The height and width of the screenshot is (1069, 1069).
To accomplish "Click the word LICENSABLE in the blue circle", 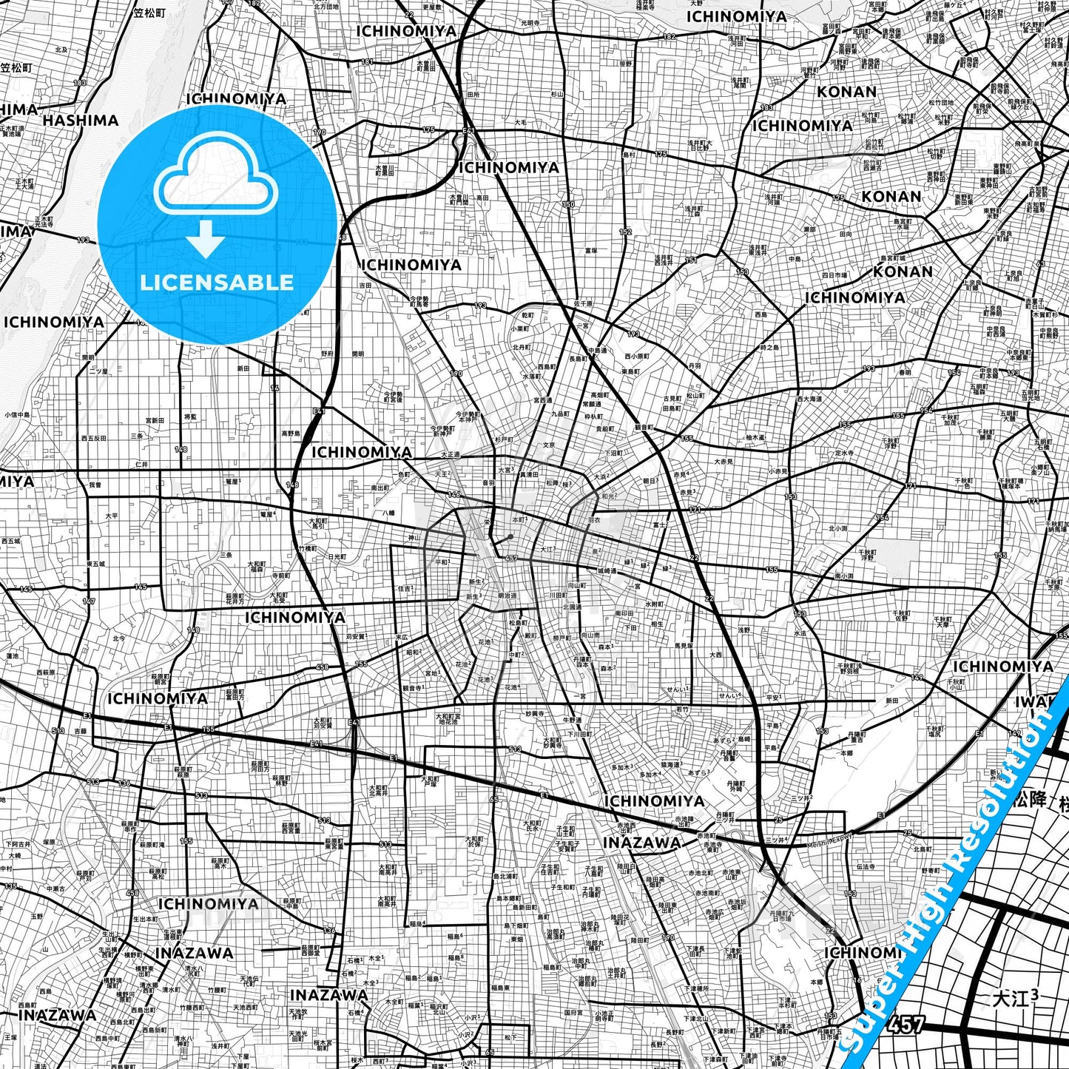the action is [216, 282].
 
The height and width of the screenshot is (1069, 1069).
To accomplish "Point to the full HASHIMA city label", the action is [80, 121].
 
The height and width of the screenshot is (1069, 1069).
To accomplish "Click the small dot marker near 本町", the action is [511, 536].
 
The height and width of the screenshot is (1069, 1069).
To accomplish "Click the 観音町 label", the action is [643, 427].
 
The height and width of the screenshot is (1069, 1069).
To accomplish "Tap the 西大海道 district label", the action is [809, 399].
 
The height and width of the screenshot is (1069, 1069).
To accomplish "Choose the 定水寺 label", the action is [844, 452].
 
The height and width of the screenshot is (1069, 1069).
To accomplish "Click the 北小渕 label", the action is [837, 528].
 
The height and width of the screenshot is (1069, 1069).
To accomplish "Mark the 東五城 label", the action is [95, 564].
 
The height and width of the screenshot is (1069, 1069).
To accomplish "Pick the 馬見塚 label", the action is [662, 645].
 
